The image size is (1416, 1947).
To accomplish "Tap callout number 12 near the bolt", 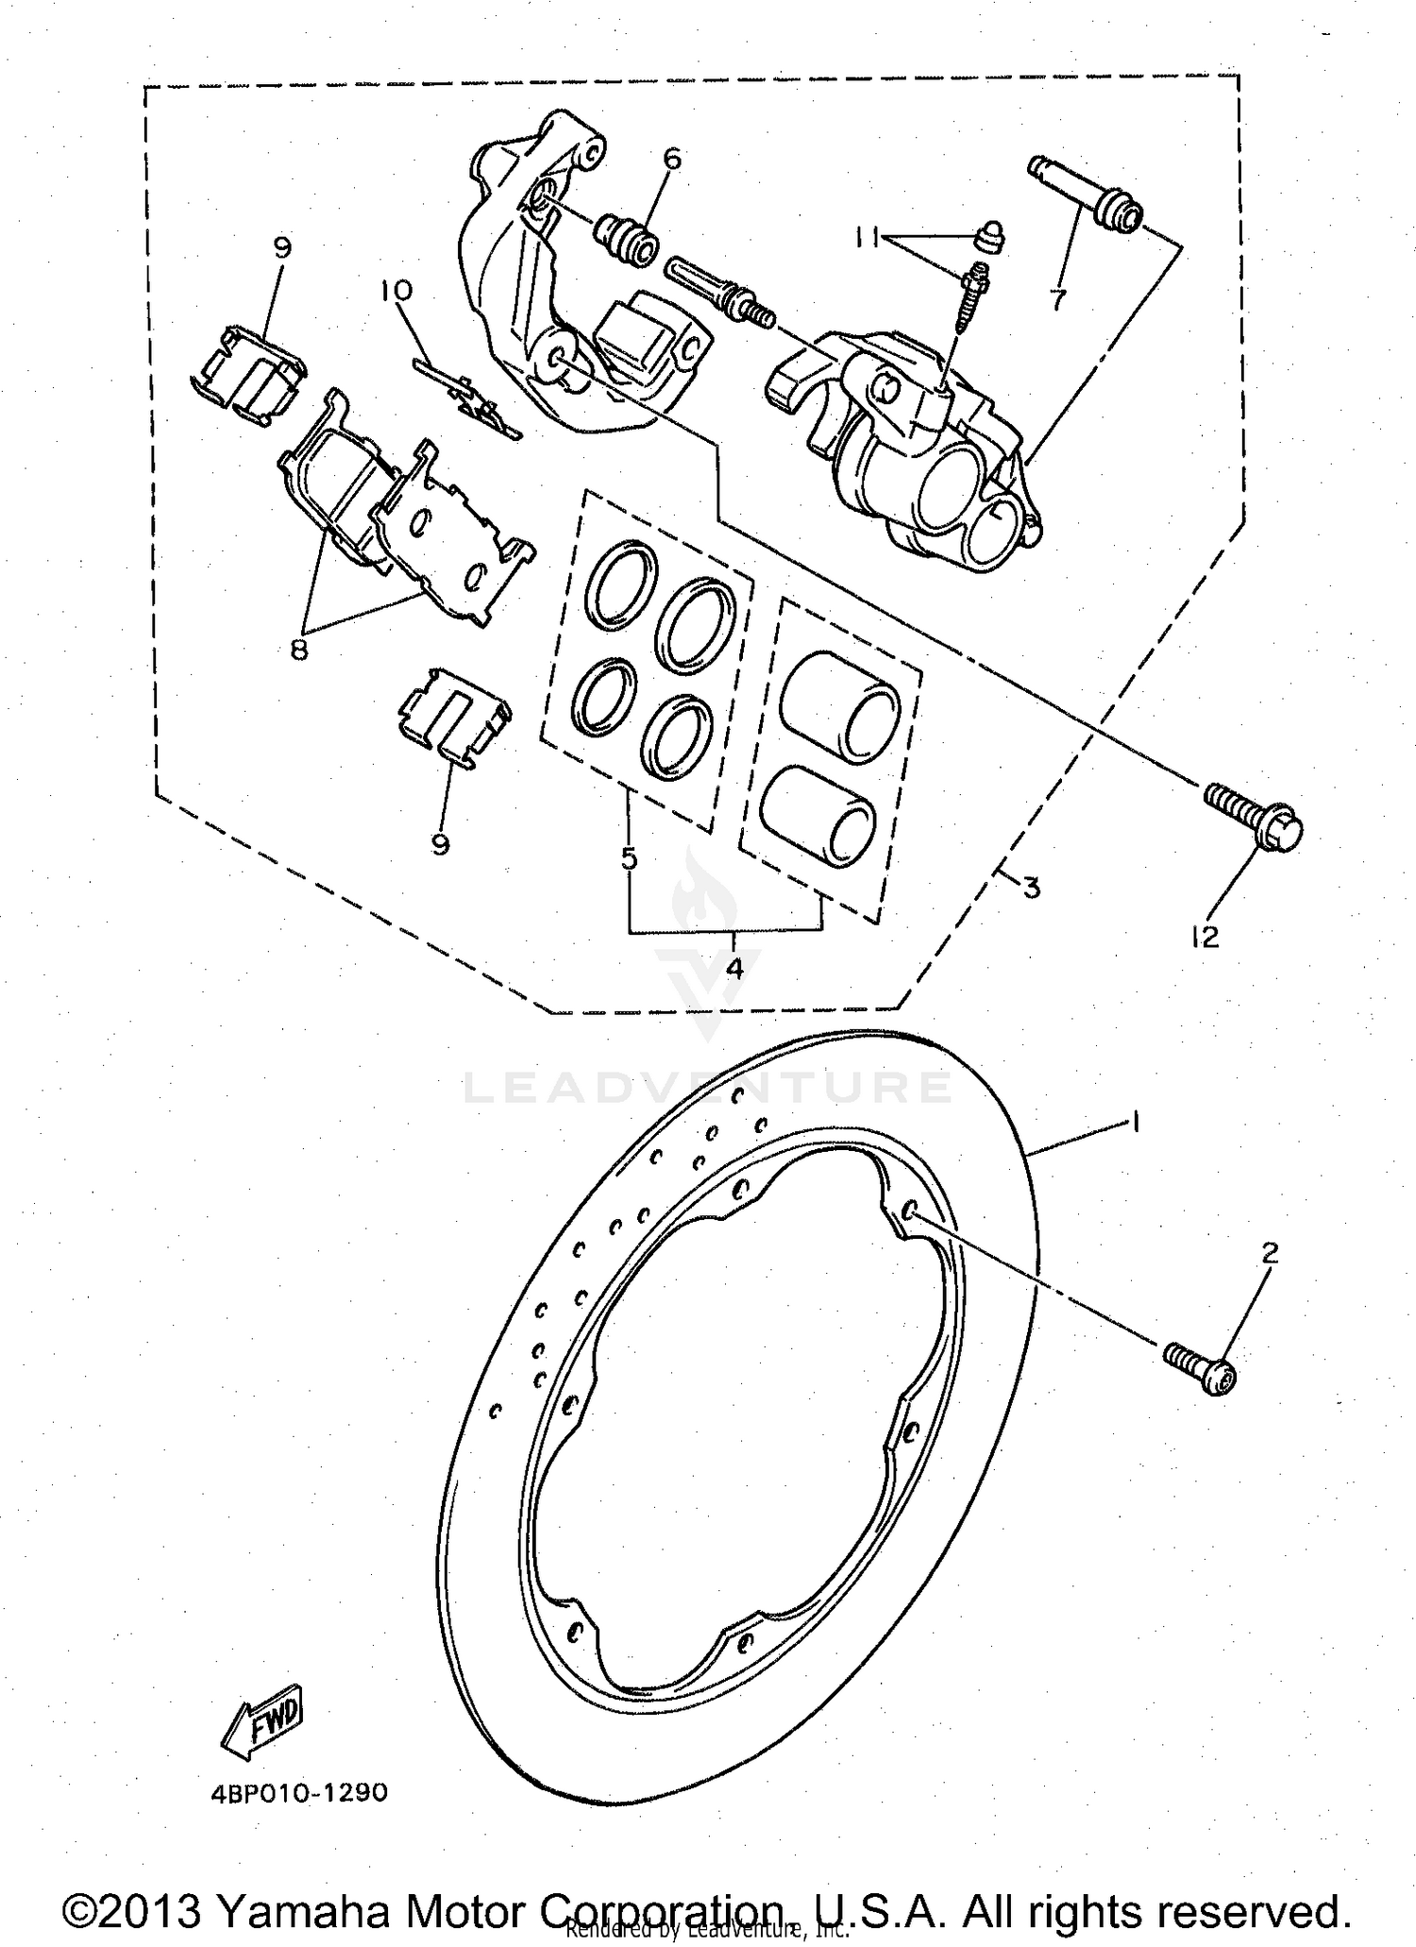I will click(x=1205, y=937).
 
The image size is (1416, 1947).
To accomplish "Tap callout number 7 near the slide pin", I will click(x=1057, y=300).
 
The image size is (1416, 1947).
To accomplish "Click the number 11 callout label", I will click(x=868, y=239).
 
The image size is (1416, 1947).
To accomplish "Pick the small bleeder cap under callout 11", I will click(x=990, y=237).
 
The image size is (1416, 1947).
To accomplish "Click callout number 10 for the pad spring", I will click(x=397, y=290).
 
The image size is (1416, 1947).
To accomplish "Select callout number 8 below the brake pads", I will click(x=299, y=650).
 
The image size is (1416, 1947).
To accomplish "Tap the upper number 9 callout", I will click(x=282, y=247).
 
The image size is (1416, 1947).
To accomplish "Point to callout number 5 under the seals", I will click(x=629, y=858).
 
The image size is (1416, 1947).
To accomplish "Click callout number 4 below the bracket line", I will click(x=733, y=967).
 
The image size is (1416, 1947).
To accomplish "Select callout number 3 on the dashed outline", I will click(x=1031, y=888).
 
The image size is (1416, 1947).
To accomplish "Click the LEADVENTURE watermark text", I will click(x=708, y=1088).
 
